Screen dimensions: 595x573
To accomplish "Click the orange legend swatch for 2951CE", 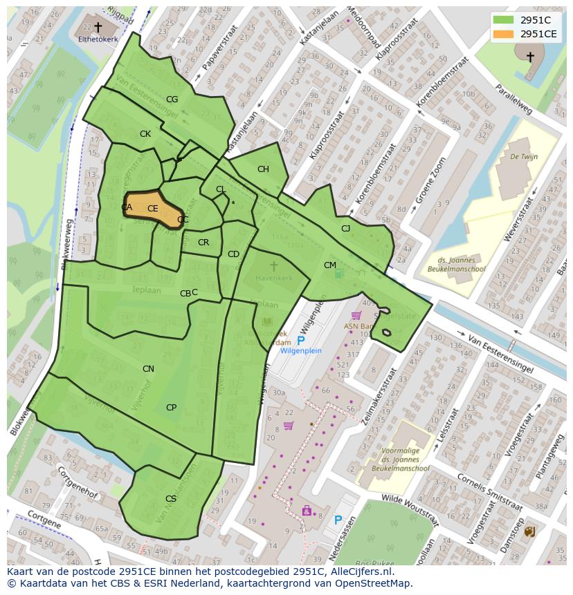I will click(x=504, y=34).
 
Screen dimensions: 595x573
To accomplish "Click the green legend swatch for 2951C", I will click(x=504, y=19).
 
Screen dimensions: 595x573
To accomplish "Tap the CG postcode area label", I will click(x=172, y=100).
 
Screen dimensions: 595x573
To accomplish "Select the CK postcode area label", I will click(x=145, y=134).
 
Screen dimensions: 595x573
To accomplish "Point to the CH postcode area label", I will click(x=263, y=169).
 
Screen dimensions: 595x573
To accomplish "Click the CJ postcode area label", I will click(x=345, y=229).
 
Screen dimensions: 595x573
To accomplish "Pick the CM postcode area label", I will click(x=330, y=265).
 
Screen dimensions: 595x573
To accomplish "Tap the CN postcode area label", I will click(x=148, y=369).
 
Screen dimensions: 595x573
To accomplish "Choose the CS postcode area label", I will click(x=171, y=499).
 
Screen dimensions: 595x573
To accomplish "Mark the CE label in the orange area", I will click(x=153, y=209).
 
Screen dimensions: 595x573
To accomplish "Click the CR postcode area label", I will click(x=203, y=243).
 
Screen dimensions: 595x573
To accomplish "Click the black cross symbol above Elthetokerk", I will click(x=98, y=27).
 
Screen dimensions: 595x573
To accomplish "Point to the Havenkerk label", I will click(x=273, y=278).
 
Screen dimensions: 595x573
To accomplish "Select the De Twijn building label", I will click(x=524, y=157).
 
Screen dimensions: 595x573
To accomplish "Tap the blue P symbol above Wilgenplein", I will click(x=300, y=341).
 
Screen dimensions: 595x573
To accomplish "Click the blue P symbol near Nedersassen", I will click(x=338, y=520).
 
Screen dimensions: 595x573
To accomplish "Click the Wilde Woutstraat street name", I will click(x=411, y=509).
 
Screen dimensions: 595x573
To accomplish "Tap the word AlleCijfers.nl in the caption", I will click(x=360, y=572).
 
